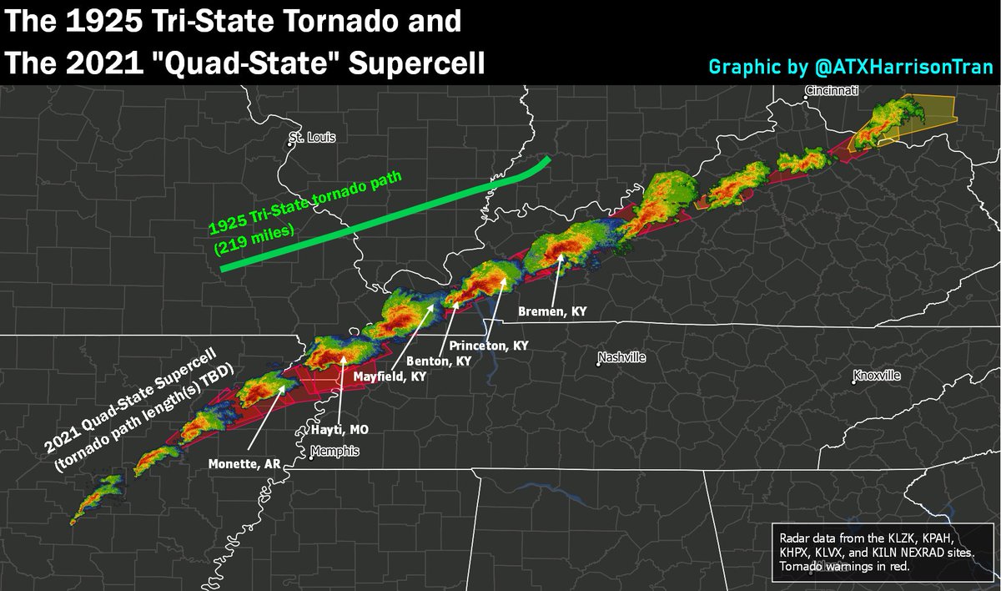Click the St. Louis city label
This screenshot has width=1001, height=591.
pos(311,138)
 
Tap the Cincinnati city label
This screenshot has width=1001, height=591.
pos(832,89)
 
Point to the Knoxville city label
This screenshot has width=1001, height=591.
pos(880,376)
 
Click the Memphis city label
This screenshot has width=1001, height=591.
pos(336,451)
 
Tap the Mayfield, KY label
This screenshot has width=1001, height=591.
pos(390,377)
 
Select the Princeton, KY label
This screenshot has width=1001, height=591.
pos(489,345)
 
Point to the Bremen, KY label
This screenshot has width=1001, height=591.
pos(553,311)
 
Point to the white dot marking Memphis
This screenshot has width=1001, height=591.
pos(311,456)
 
